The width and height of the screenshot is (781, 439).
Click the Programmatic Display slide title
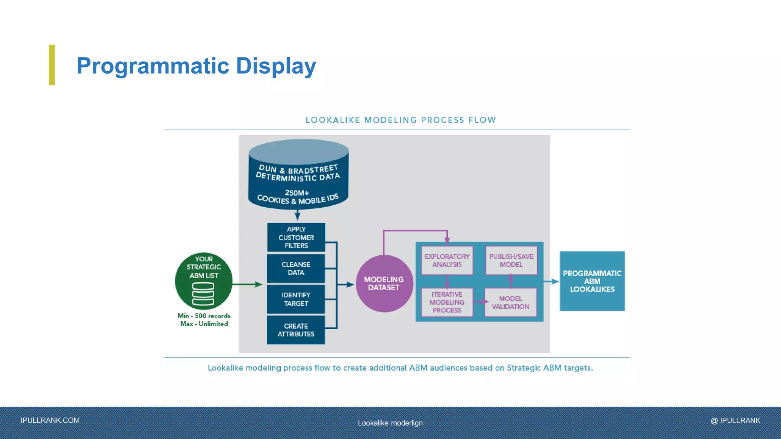click(x=196, y=66)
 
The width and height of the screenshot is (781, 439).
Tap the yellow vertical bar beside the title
click(x=52, y=65)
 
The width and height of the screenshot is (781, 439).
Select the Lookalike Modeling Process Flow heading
click(x=400, y=120)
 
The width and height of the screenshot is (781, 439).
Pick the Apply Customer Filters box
click(x=296, y=237)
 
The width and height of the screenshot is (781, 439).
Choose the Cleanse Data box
click(x=296, y=268)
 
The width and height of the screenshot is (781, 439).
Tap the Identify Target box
click(x=296, y=299)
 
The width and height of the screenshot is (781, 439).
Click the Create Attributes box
click(x=296, y=330)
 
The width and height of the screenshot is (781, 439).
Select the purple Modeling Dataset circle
click(x=384, y=284)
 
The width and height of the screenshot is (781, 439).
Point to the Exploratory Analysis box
click(x=447, y=261)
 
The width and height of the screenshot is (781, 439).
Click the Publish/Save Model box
click(x=511, y=261)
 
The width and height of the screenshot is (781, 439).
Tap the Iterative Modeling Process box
click(x=447, y=302)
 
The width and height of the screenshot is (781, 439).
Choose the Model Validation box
click(x=510, y=303)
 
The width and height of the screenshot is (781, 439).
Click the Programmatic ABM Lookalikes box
click(x=592, y=281)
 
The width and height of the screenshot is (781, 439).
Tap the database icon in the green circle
click(x=203, y=294)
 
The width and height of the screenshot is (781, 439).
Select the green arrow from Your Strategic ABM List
click(x=247, y=284)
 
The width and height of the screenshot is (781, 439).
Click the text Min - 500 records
click(x=204, y=316)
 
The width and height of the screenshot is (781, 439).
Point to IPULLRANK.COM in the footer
click(x=50, y=420)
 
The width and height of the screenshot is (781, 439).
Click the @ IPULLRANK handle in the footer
click(x=735, y=420)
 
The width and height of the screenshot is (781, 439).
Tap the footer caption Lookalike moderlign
click(x=390, y=423)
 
